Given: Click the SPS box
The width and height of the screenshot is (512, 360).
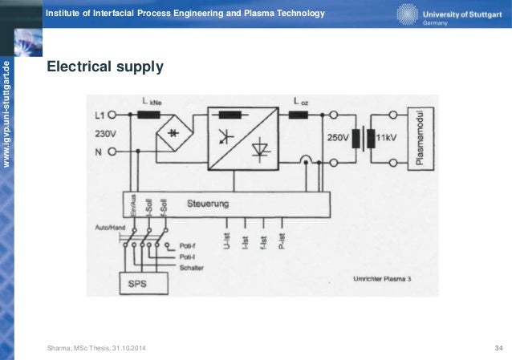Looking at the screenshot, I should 144,282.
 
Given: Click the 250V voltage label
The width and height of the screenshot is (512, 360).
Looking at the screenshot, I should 339,138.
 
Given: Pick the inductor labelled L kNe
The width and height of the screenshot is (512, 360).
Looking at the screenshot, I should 149,115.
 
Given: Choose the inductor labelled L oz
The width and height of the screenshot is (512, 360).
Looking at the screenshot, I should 299,115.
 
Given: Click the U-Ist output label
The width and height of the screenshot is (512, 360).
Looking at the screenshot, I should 228,237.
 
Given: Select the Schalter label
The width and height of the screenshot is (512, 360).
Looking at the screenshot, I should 192,266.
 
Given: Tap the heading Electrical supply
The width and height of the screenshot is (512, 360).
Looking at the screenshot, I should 105,67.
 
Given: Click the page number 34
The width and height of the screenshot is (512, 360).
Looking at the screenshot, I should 499,346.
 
